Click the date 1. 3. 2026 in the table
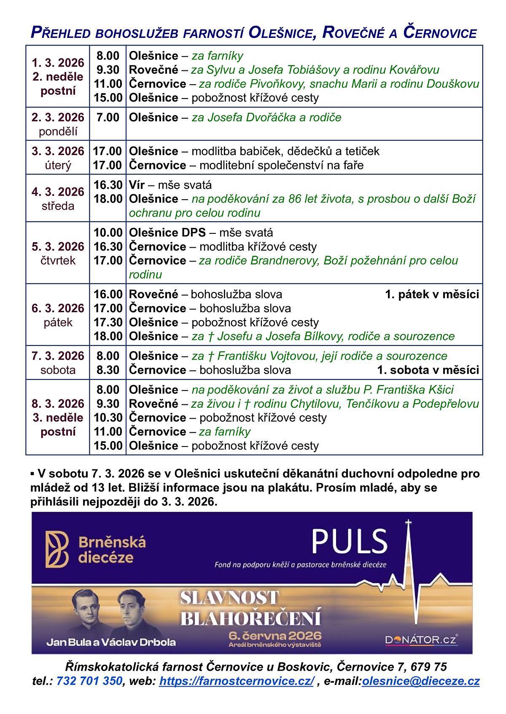(x=58, y=63)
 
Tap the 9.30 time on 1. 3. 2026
(x=108, y=70)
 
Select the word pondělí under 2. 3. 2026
(x=58, y=131)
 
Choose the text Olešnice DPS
(x=167, y=233)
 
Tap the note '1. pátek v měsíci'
(x=432, y=294)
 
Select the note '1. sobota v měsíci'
(x=428, y=370)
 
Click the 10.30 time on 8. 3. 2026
(x=108, y=418)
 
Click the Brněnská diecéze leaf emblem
(x=57, y=549)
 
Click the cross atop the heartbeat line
(x=408, y=524)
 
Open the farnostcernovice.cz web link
(x=237, y=681)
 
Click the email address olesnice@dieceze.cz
(x=420, y=681)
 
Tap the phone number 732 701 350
(x=89, y=681)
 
